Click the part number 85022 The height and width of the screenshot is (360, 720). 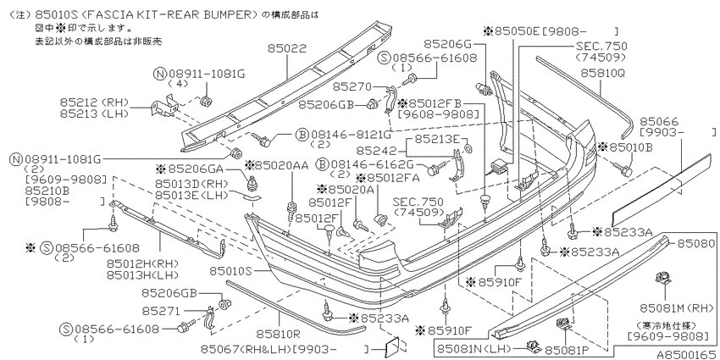tap(287, 48)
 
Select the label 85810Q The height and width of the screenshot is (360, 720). tap(602, 73)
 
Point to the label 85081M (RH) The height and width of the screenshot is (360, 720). tap(678, 307)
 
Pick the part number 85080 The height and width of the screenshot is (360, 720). tap(696, 243)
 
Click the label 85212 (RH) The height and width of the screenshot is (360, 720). tap(94, 102)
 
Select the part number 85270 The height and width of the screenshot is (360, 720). tap(352, 86)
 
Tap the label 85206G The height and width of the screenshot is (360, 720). tap(447, 43)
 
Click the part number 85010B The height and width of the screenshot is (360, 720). tap(631, 147)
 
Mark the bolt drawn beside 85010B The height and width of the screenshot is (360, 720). tap(623, 170)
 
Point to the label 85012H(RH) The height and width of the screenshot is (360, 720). tap(142, 264)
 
